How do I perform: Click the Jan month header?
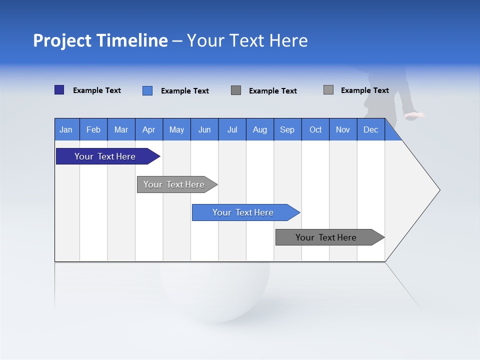(x=66, y=129)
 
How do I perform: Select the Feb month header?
(x=93, y=129)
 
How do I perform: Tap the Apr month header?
(x=148, y=129)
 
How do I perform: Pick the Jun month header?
(x=204, y=129)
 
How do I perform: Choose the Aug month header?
(x=260, y=129)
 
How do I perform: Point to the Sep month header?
(x=287, y=129)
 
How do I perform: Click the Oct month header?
(x=315, y=129)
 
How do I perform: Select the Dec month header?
(x=370, y=129)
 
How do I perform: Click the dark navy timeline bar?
(x=105, y=156)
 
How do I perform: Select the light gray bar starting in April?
(x=174, y=184)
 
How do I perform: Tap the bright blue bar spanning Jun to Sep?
(x=243, y=212)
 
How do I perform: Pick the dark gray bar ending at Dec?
(x=326, y=237)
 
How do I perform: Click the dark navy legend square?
(x=59, y=90)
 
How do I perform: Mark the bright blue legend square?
(x=147, y=90)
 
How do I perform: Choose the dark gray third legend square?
(x=236, y=90)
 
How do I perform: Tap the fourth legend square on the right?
(x=328, y=90)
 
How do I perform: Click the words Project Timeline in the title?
(x=100, y=40)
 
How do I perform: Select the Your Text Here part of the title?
(x=247, y=40)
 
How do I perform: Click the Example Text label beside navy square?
(x=97, y=90)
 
